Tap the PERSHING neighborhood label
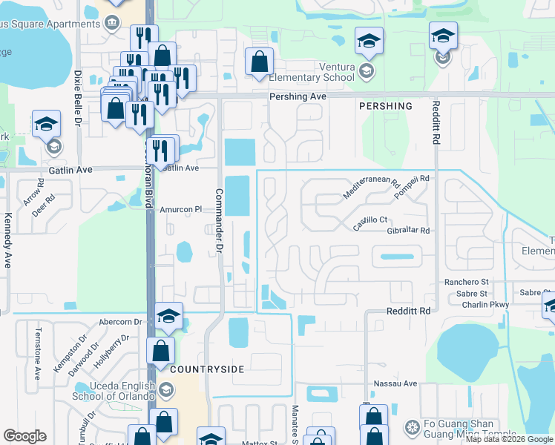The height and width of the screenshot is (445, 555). [385, 107]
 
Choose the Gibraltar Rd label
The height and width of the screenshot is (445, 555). [408, 231]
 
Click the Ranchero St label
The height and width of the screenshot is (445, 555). [466, 282]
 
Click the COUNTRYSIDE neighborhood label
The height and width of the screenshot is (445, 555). [207, 369]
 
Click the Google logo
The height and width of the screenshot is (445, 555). [25, 436]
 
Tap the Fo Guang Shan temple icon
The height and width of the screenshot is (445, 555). [413, 427]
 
